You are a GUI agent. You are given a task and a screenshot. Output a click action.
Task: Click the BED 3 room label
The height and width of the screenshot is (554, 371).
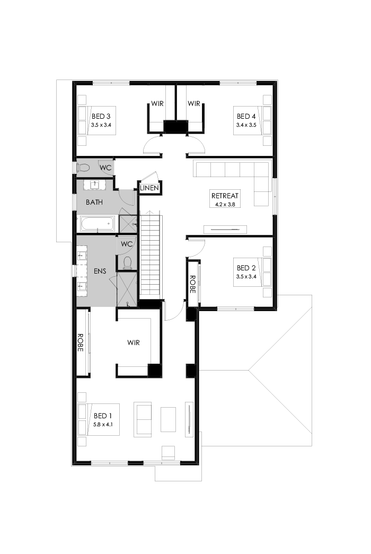[101, 116]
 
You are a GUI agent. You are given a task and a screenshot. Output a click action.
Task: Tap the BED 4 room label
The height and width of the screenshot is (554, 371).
[246, 116]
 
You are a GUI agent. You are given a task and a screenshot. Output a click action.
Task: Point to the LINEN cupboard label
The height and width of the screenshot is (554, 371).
[149, 188]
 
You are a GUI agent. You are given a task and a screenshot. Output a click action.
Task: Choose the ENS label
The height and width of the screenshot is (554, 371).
[100, 271]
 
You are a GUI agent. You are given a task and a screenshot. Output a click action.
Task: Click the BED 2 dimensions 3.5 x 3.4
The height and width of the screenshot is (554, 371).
[246, 276]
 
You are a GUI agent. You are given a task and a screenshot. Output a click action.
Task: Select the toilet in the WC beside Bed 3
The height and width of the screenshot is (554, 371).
[83, 168]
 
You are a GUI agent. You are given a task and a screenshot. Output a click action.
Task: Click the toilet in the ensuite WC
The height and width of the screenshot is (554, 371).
[127, 262]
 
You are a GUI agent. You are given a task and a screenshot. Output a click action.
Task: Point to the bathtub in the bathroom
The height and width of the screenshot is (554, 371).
[97, 224]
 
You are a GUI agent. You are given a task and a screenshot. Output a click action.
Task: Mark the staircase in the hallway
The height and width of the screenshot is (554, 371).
[151, 254]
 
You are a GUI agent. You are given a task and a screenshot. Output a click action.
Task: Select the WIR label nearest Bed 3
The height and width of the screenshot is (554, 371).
[157, 103]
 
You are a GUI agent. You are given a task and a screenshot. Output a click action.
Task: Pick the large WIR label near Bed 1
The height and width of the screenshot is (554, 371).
[134, 342]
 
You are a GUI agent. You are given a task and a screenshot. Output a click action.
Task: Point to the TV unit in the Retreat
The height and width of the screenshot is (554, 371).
[225, 230]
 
